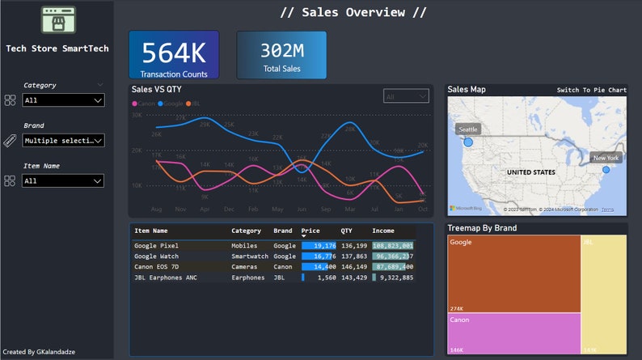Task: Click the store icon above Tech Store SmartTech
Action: pos(57,20)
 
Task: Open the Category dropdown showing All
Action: pos(63,100)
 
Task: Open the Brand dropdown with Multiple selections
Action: pos(63,141)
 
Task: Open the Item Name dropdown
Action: pos(63,181)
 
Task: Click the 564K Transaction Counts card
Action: pos(173,55)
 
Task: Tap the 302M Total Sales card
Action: pos(281,55)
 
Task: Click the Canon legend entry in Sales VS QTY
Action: pos(146,104)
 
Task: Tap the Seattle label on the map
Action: pos(468,129)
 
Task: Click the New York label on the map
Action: pos(606,158)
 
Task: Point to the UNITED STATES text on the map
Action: pos(530,172)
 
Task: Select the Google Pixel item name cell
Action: pos(156,245)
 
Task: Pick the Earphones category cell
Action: pos(247,277)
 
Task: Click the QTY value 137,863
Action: pos(353,256)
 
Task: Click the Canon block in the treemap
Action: pos(513,333)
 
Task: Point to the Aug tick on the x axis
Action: pos(156,209)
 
